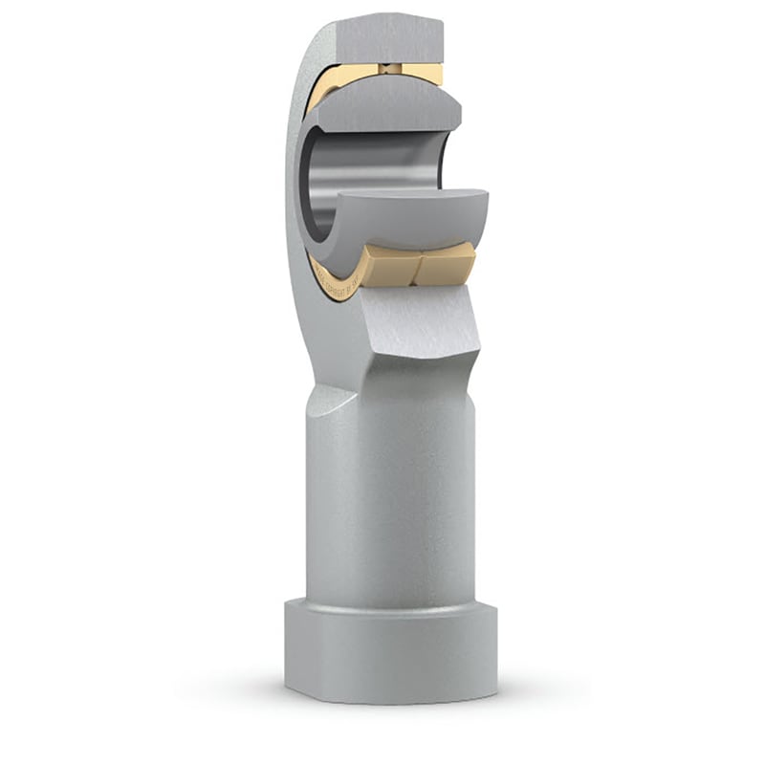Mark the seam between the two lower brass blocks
pyautogui.click(x=418, y=265)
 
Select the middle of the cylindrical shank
pyautogui.click(x=392, y=497)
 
